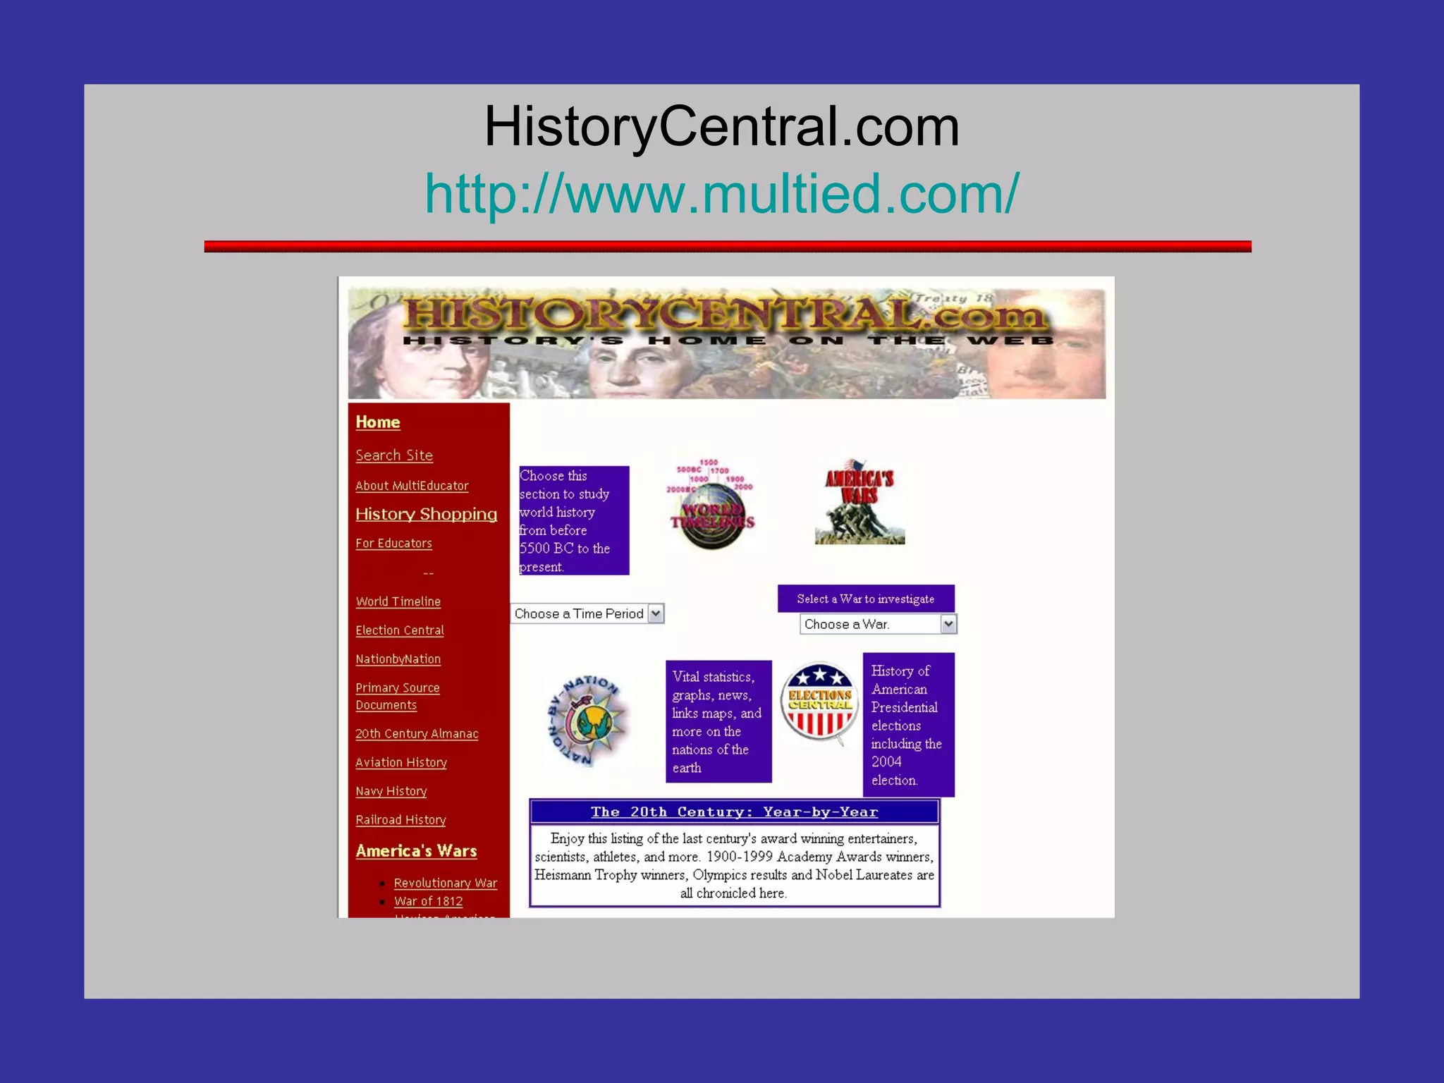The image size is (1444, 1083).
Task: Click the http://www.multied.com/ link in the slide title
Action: pyautogui.click(x=721, y=193)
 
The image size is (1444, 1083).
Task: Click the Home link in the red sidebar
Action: pyautogui.click(x=378, y=422)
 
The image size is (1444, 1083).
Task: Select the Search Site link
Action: pyautogui.click(x=394, y=455)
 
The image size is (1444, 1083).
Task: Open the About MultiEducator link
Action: pyautogui.click(x=412, y=486)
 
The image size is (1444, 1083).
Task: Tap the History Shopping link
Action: pyautogui.click(x=426, y=514)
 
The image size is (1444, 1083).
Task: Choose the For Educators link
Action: pyautogui.click(x=393, y=544)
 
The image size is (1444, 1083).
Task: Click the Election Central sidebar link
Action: pyautogui.click(x=399, y=630)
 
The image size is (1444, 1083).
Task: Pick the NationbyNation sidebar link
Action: pyautogui.click(x=398, y=659)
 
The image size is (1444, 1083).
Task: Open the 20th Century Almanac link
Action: pyautogui.click(x=417, y=734)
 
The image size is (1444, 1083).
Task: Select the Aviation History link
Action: pyautogui.click(x=401, y=763)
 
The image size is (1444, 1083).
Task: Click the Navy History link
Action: pyautogui.click(x=391, y=791)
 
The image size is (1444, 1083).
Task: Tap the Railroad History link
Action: pyautogui.click(x=400, y=820)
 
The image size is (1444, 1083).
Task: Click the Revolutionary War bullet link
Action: pyautogui.click(x=446, y=883)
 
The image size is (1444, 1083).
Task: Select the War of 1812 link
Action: pyautogui.click(x=429, y=901)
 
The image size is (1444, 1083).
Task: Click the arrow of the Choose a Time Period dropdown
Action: pyautogui.click(x=656, y=613)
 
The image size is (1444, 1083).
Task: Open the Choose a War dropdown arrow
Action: pyautogui.click(x=948, y=624)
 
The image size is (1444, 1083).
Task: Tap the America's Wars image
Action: pyautogui.click(x=859, y=502)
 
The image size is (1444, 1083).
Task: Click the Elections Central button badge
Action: pyautogui.click(x=819, y=702)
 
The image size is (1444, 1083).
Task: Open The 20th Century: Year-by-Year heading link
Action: pyautogui.click(x=734, y=812)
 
